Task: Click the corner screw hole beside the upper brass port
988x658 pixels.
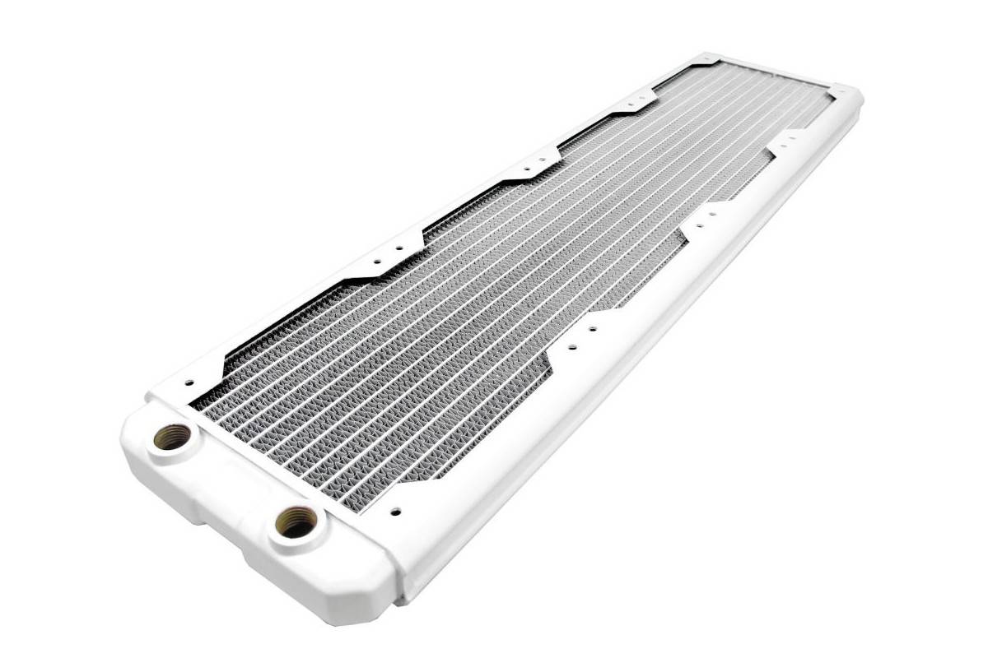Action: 189,382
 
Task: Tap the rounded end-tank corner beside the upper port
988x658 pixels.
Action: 132,428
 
